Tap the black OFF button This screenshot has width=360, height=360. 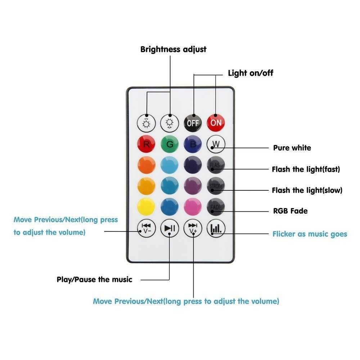point(193,123)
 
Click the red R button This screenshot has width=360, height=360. point(147,144)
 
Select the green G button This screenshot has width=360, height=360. point(170,144)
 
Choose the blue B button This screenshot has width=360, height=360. point(193,144)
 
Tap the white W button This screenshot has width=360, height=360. point(216,144)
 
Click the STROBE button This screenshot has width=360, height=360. point(216,186)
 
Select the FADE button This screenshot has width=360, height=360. point(216,207)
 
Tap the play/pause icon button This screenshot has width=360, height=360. point(170,228)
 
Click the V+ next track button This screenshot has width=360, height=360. point(193,228)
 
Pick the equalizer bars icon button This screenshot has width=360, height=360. point(216,228)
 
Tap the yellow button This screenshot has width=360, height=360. point(147,207)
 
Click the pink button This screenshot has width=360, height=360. point(193,207)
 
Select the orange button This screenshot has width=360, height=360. point(147,165)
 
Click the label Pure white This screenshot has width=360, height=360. point(292,148)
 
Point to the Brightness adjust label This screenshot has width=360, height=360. point(174,49)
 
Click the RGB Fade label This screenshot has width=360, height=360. point(290,211)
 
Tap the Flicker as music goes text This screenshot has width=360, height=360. point(310,234)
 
